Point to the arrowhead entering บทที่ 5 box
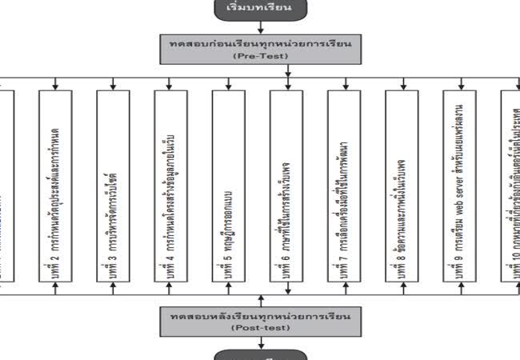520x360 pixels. tap(229, 85)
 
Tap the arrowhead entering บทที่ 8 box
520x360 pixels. tap(402, 85)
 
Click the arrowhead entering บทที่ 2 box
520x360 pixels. tap(55, 85)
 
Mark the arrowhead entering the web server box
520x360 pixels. tap(459, 85)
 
